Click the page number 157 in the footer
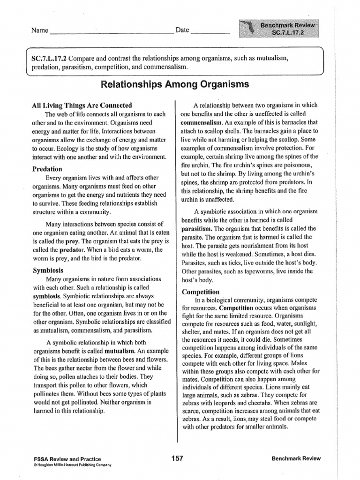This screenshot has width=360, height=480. tap(177, 458)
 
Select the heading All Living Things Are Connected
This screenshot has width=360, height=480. tap(82, 105)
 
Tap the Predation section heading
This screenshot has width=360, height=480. tap(47, 169)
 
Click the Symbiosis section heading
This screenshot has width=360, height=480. tap(48, 270)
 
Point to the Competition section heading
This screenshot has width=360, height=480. tap(201, 292)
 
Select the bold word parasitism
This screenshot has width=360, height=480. tap(197, 228)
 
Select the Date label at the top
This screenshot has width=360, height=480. tap(182, 30)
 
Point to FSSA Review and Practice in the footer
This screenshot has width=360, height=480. tap(67, 459)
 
